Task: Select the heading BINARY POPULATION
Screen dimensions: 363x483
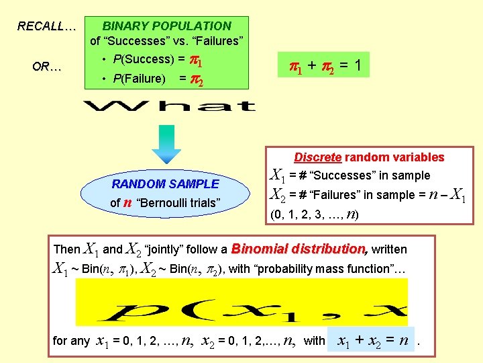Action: point(166,26)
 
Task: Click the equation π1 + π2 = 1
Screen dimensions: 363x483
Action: point(325,66)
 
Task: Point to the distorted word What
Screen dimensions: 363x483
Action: point(170,106)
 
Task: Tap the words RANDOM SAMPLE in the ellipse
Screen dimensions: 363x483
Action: point(165,184)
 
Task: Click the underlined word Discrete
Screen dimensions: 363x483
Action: point(318,157)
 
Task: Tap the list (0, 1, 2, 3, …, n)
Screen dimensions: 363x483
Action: point(315,215)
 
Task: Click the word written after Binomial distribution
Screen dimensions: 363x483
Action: point(389,249)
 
